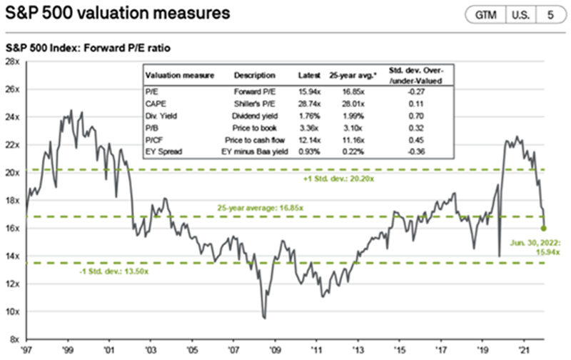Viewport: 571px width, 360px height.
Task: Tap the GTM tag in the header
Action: click(485, 14)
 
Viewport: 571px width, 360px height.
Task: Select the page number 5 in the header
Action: click(549, 14)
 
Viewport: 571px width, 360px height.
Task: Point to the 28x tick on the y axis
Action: click(12, 62)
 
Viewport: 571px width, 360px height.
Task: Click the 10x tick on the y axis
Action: click(12, 311)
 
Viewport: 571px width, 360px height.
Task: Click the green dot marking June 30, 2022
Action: click(544, 229)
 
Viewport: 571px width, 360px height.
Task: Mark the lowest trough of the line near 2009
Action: click(265, 318)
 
